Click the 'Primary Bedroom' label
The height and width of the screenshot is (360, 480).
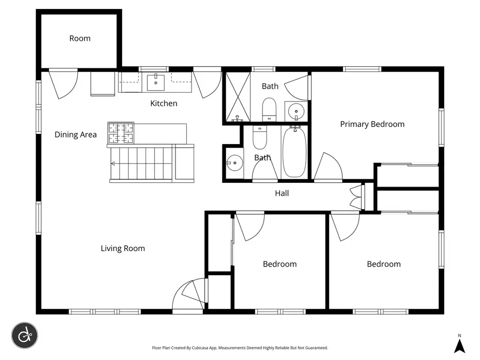point(372,124)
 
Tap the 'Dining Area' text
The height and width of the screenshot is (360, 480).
point(76,135)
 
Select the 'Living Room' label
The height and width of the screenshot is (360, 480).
point(123,249)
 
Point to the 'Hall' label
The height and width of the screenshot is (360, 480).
point(282,193)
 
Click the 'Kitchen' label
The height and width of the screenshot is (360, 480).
point(163,103)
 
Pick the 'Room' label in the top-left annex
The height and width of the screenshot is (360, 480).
point(79,38)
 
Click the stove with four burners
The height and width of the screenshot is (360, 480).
point(121,133)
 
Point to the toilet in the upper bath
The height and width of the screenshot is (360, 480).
point(269,109)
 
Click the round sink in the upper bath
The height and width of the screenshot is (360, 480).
point(295,111)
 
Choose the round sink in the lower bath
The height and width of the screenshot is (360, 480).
point(234,162)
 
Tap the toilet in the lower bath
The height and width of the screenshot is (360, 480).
point(260,138)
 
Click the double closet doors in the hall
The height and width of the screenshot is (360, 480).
point(356,196)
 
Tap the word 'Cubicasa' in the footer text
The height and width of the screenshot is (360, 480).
point(207,348)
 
